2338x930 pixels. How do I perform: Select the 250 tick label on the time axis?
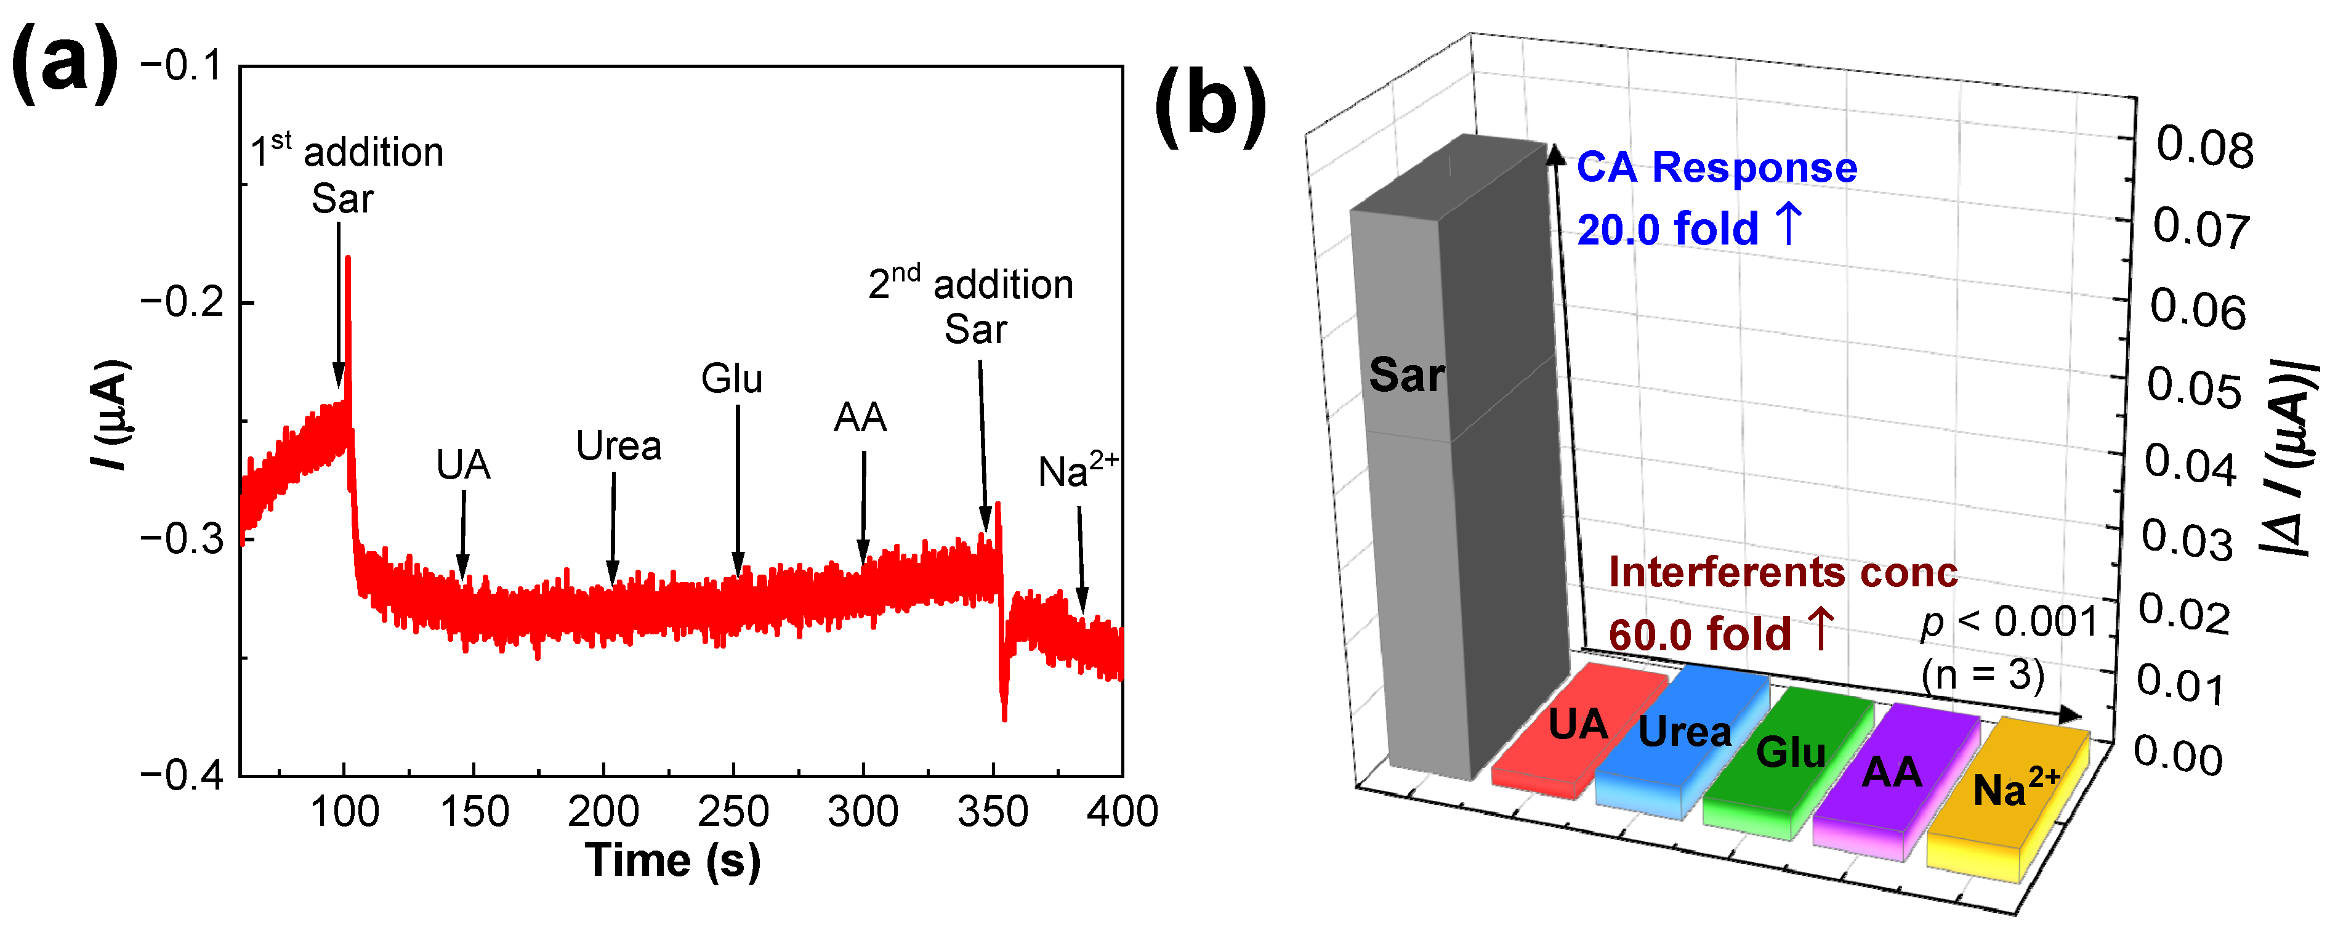(x=733, y=811)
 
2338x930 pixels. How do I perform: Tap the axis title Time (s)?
(x=672, y=859)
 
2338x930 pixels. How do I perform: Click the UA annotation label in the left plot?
(x=463, y=465)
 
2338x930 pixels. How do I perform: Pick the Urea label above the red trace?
(x=618, y=446)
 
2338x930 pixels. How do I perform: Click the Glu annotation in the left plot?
(x=732, y=379)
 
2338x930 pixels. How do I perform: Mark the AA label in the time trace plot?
(x=860, y=418)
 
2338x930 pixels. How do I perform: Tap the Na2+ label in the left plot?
(x=1078, y=471)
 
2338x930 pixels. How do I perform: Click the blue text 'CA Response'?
(x=1716, y=168)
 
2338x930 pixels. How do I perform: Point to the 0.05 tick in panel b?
(x=2193, y=388)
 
